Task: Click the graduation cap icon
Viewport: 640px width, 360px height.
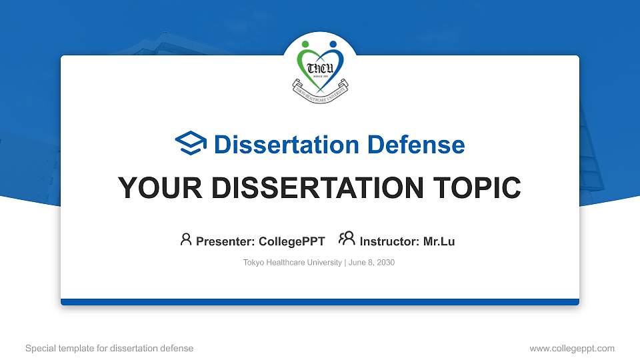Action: [191, 144]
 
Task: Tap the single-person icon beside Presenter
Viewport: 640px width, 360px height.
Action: [186, 239]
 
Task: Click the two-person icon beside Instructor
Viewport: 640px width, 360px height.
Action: [347, 239]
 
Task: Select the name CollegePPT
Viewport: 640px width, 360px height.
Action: [292, 241]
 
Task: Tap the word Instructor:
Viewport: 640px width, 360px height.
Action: [389, 241]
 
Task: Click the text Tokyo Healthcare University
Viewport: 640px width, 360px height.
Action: [292, 263]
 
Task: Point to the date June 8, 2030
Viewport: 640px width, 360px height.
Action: [371, 263]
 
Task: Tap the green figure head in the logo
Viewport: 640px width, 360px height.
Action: [306, 45]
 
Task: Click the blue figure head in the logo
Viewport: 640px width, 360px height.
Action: [333, 45]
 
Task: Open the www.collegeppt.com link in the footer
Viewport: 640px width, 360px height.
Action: [571, 348]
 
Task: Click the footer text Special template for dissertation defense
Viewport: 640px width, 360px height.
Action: [109, 348]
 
